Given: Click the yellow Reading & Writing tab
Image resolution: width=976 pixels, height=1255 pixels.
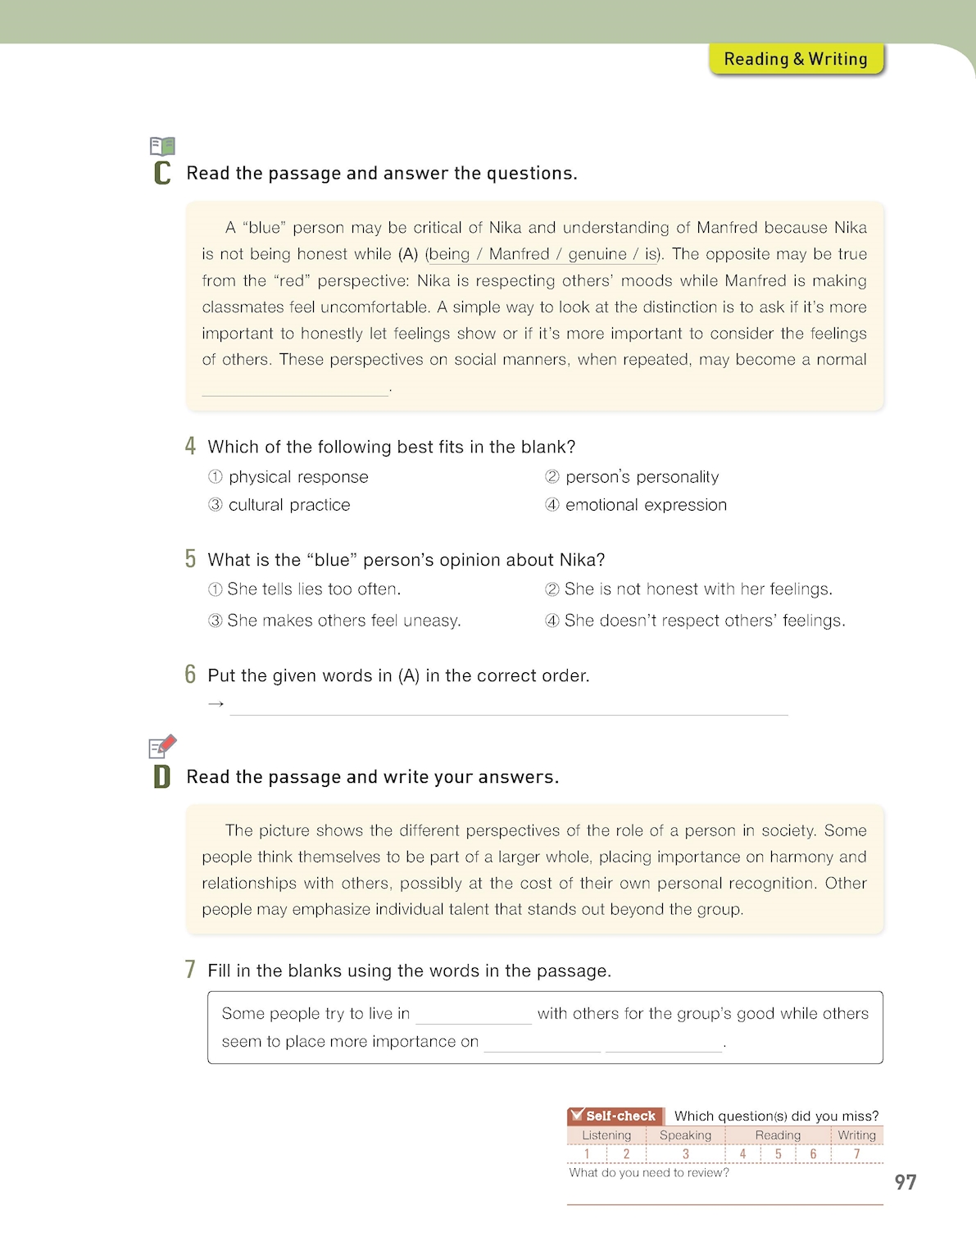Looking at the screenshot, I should click(796, 59).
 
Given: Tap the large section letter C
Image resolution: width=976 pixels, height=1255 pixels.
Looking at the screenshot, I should click(162, 173).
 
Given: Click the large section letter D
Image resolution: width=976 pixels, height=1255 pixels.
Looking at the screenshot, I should click(162, 776).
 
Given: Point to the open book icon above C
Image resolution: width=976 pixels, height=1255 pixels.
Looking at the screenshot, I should click(162, 147).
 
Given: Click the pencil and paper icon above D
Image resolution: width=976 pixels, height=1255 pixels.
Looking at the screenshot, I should click(162, 746).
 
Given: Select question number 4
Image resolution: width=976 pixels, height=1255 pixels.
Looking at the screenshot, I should click(190, 446).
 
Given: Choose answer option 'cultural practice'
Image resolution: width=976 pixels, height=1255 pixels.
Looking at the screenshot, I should click(288, 505).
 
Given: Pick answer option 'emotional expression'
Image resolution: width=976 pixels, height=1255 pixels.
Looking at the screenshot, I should click(645, 505).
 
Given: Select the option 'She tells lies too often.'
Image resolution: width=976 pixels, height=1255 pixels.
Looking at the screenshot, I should click(313, 589).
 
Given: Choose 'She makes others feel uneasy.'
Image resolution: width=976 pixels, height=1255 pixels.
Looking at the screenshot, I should click(343, 621).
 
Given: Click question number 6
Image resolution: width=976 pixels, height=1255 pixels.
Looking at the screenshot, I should click(190, 675).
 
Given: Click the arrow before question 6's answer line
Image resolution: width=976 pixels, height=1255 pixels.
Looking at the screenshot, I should click(216, 704).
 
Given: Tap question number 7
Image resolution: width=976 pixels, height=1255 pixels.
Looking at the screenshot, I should click(190, 970).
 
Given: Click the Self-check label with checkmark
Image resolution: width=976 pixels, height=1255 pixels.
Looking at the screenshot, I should click(615, 1116).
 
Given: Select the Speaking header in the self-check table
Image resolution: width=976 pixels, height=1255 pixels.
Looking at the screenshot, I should click(685, 1135).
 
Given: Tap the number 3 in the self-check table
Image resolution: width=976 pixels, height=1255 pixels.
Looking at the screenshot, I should click(686, 1154).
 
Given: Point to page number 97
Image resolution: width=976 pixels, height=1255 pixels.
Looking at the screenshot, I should click(906, 1182).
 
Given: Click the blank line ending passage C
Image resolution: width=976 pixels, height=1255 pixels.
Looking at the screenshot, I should click(295, 390).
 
